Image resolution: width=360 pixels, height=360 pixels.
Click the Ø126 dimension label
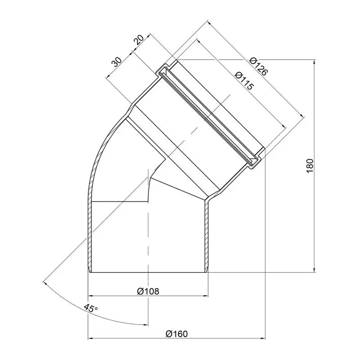[258, 66]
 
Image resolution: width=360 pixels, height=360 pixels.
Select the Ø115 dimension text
[244, 80]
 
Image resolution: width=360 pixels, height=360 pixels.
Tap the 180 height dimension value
[310, 166]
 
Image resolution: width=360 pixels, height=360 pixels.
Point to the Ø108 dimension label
[148, 291]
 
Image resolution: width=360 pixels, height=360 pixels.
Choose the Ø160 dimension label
[176, 334]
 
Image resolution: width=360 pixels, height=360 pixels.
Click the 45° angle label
[91, 308]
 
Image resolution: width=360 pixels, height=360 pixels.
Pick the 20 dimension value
[139, 40]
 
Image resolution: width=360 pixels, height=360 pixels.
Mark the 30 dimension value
[117, 62]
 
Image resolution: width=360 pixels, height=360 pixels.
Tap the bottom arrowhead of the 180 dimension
[314, 270]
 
